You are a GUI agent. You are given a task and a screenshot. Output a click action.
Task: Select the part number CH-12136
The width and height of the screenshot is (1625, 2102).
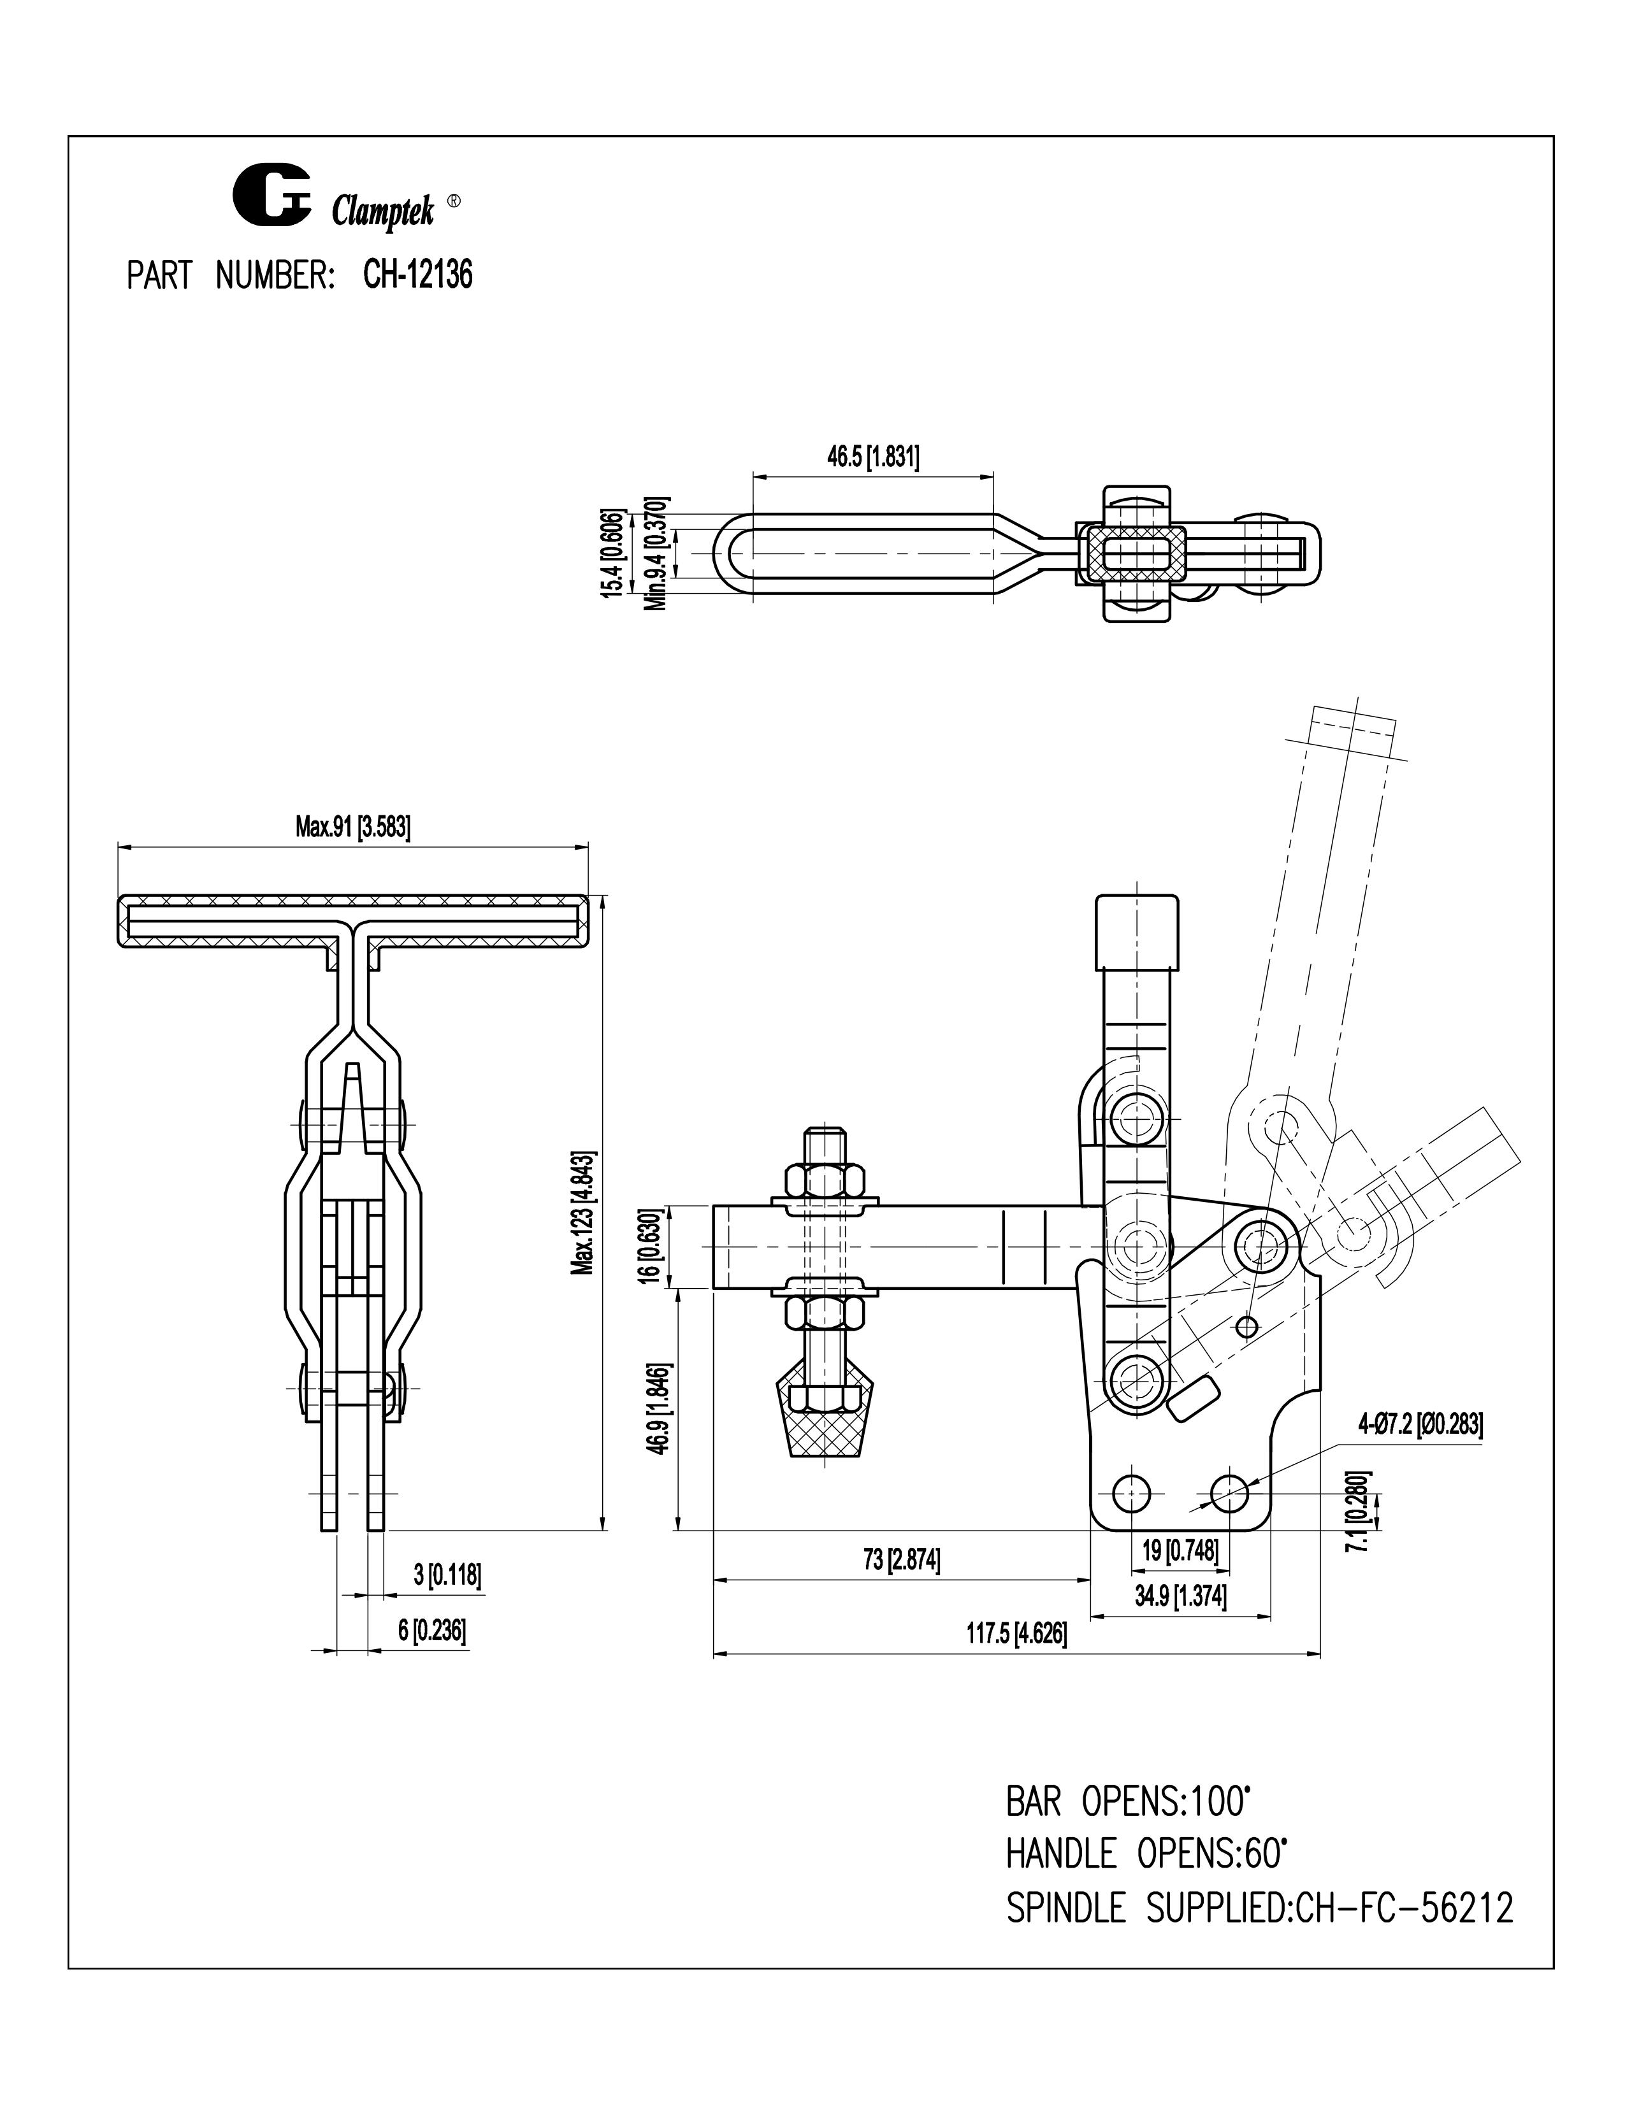tap(418, 277)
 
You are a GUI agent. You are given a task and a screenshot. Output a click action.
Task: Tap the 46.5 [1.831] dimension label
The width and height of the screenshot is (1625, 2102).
tap(873, 457)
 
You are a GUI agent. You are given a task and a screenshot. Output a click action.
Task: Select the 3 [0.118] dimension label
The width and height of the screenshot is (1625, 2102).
tap(447, 1575)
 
